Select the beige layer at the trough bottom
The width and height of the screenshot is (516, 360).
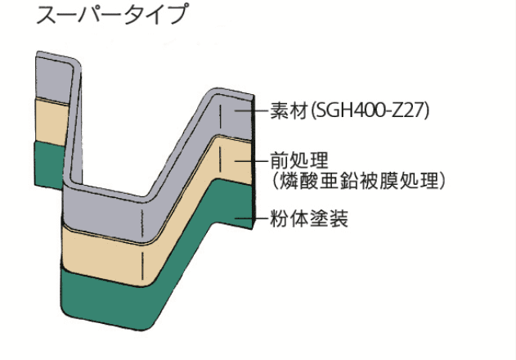[106, 250]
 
